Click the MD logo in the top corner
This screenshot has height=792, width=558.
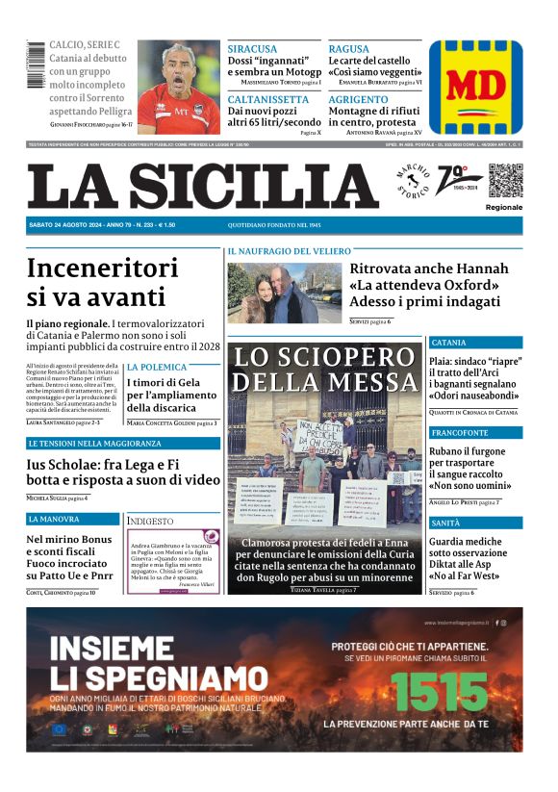(x=475, y=87)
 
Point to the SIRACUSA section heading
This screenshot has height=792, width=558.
(x=253, y=49)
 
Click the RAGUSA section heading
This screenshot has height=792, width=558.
(x=348, y=49)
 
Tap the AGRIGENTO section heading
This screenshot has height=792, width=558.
(x=360, y=99)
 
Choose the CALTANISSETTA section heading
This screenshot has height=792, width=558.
(x=268, y=99)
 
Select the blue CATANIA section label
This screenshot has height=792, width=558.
(x=449, y=343)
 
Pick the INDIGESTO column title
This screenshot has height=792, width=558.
(x=151, y=521)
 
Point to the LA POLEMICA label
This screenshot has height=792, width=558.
(x=157, y=367)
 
